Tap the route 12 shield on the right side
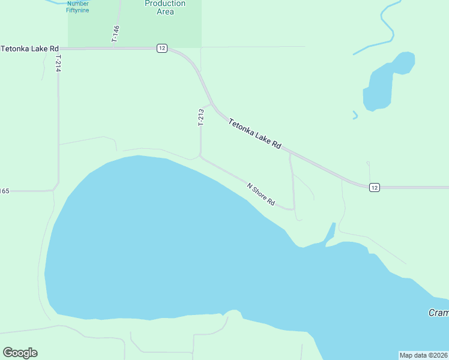coord(375,188)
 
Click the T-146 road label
coord(116,33)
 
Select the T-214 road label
coord(58,64)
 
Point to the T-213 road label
coord(200,118)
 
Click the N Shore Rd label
coord(261,194)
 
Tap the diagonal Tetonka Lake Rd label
coord(255,133)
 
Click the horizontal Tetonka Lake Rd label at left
coord(30,48)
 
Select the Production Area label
coord(165,7)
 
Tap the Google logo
coord(20,353)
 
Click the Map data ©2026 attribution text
coord(423,355)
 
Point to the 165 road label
coord(5,191)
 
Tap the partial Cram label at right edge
coord(438,313)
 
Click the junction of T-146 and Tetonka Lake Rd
coord(119,48)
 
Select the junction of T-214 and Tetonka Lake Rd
coord(58,48)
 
